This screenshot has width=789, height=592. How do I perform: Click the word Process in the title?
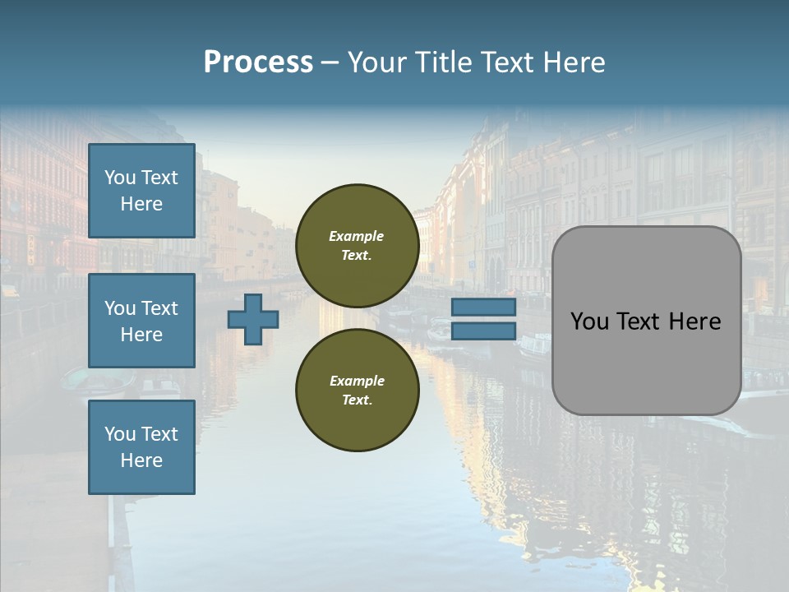pyautogui.click(x=258, y=62)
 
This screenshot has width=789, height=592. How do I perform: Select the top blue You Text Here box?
pyautogui.click(x=141, y=191)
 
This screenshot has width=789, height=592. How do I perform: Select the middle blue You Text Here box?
pyautogui.click(x=141, y=321)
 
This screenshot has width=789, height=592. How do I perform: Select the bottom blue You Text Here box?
pyautogui.click(x=141, y=446)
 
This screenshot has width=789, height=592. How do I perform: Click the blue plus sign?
pyautogui.click(x=253, y=319)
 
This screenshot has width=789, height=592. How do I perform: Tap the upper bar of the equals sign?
pyautogui.click(x=483, y=308)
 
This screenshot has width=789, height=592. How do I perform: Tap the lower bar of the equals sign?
pyautogui.click(x=483, y=331)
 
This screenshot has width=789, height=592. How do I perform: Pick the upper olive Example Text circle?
pyautogui.click(x=357, y=246)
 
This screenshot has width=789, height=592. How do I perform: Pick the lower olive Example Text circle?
pyautogui.click(x=357, y=390)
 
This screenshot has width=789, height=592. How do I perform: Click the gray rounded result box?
pyautogui.click(x=646, y=362)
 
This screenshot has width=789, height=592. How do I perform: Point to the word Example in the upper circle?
pyautogui.click(x=356, y=236)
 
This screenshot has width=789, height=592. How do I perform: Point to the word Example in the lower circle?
pyautogui.click(x=357, y=381)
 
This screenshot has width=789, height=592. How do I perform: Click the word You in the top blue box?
pyautogui.click(x=120, y=178)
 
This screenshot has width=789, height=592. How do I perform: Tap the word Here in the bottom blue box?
pyautogui.click(x=141, y=460)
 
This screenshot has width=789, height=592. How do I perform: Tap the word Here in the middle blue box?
pyautogui.click(x=141, y=335)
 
